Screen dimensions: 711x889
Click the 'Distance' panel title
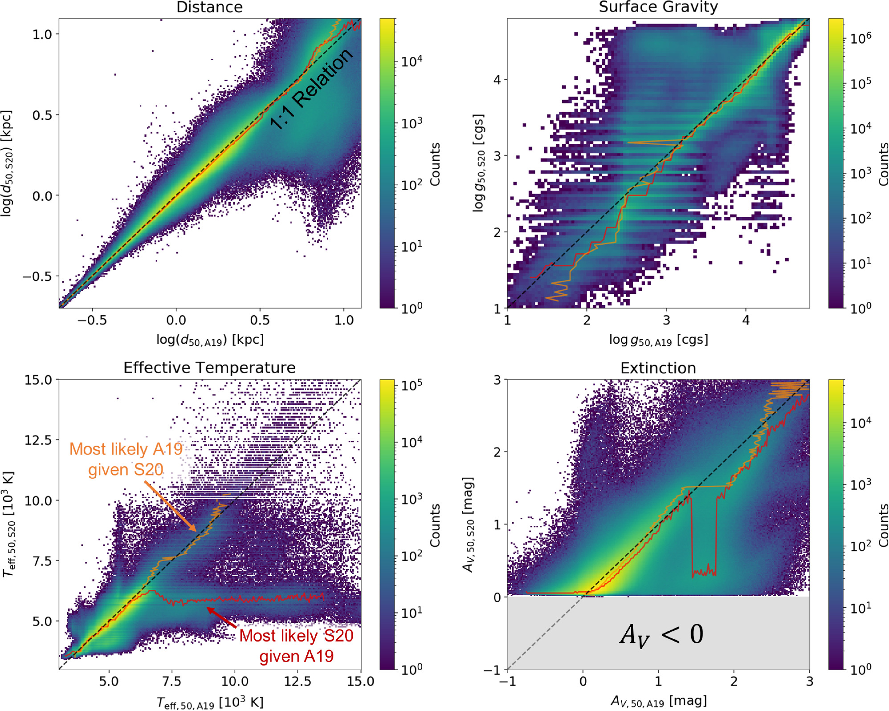tap(209, 7)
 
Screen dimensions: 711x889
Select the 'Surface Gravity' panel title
tap(658, 7)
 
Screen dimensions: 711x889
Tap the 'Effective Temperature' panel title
tap(209, 368)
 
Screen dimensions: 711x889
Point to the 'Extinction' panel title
tap(658, 368)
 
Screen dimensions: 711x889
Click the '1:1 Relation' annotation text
tap(312, 89)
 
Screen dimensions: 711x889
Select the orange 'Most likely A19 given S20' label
tap(126, 459)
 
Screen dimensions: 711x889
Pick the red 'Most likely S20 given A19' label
tap(296, 646)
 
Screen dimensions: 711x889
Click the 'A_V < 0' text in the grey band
tap(661, 634)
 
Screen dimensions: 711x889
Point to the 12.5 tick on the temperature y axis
tap(38, 440)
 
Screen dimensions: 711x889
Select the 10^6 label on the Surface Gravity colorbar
tap(860, 38)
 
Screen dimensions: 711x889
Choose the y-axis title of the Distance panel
tap(7, 163)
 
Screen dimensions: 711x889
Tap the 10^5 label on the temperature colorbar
tap(412, 385)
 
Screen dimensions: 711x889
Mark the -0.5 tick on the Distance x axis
tap(92, 320)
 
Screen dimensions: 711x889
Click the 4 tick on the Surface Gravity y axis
tap(497, 80)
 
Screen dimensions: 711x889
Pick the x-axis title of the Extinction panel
tap(658, 701)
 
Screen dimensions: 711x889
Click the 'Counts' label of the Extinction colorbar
tap(883, 525)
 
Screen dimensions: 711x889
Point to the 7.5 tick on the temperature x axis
tap(172, 681)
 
